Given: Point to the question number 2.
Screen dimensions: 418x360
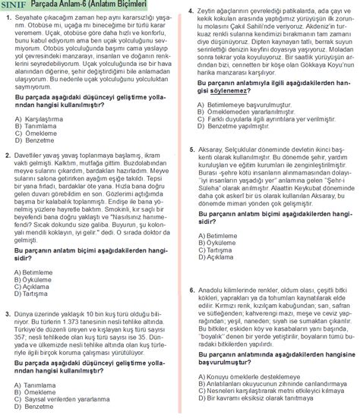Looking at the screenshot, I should tap(7, 154).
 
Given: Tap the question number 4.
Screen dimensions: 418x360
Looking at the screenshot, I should tap(190, 11).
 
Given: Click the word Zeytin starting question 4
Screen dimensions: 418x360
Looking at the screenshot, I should tap(208, 11).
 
